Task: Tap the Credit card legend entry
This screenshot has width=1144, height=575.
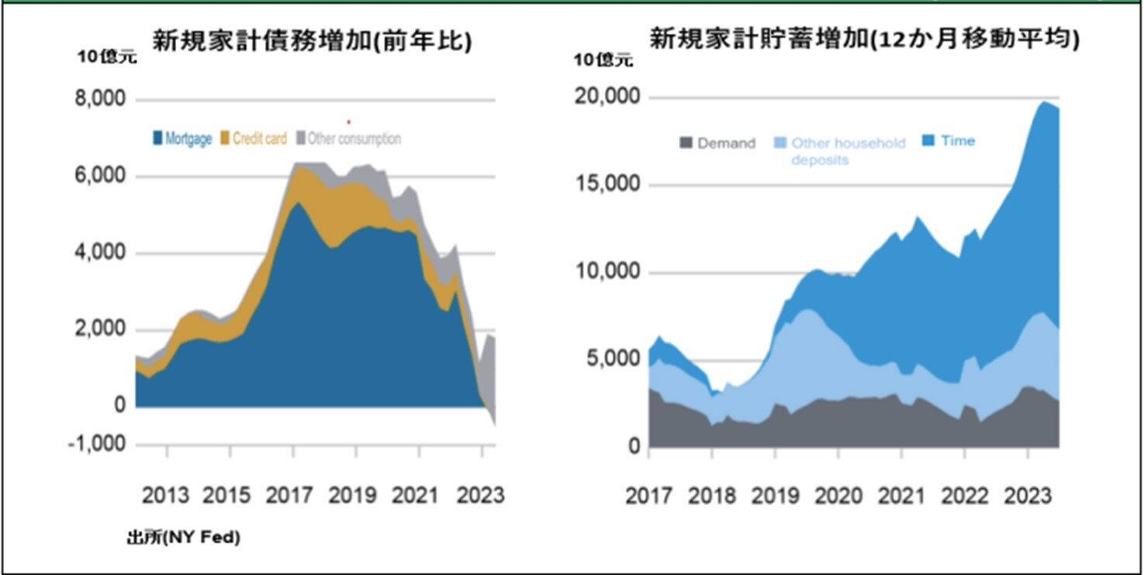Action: (x=253, y=139)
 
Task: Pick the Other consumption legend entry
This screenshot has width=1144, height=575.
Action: (x=348, y=139)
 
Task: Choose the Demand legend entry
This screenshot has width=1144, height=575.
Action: (x=717, y=143)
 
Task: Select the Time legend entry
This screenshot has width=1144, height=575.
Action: (x=949, y=140)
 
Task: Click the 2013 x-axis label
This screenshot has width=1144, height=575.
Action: (x=165, y=494)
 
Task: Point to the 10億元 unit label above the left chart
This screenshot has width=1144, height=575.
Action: (x=106, y=57)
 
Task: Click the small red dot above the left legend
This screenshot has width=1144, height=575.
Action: (x=349, y=122)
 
